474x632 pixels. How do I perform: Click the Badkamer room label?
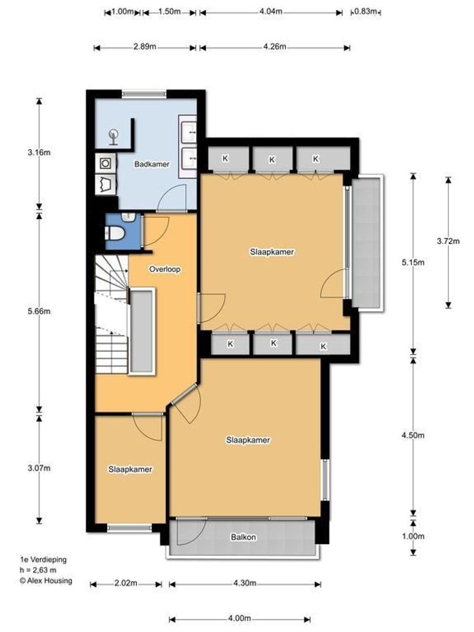pos(152,164)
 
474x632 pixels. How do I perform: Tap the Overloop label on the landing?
pos(164,270)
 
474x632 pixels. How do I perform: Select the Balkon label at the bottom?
pos(243,537)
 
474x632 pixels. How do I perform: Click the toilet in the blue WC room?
pos(115,233)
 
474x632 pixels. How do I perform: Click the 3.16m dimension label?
pos(39,153)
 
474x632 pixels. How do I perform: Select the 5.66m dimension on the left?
pos(39,311)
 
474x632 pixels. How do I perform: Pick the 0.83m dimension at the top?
pos(366,12)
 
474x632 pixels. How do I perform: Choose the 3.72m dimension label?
pos(449,241)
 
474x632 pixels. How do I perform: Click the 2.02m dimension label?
pos(125,583)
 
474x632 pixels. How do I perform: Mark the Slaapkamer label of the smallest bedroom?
pos(130,469)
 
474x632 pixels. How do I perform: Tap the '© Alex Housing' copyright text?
pos(46,581)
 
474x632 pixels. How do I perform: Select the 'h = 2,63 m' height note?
pos(39,571)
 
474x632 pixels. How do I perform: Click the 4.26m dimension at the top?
pos(274,47)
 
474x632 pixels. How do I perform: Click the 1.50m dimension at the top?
pos(169,12)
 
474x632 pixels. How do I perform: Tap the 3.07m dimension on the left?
pos(39,468)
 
